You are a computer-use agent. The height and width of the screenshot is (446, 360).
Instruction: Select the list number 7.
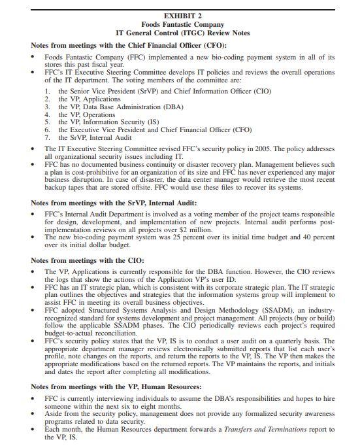[x=47, y=137]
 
